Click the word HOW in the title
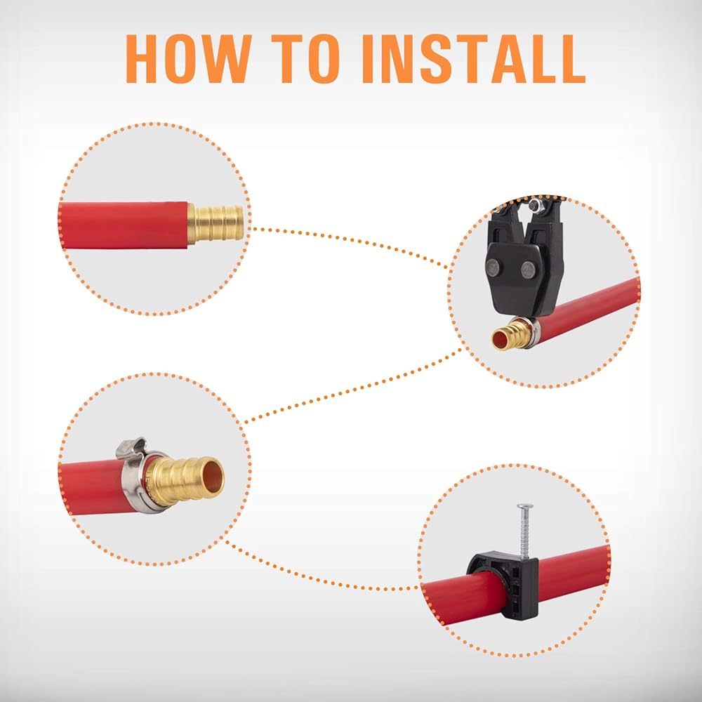coord(188,59)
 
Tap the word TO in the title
coord(305,59)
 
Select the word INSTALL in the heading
coord(474,59)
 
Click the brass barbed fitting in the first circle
coord(216,224)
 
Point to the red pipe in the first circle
coord(123,225)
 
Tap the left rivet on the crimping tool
coord(494,267)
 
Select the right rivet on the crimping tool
coord(529,270)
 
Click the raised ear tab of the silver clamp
coord(131,448)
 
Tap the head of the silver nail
coord(525,506)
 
